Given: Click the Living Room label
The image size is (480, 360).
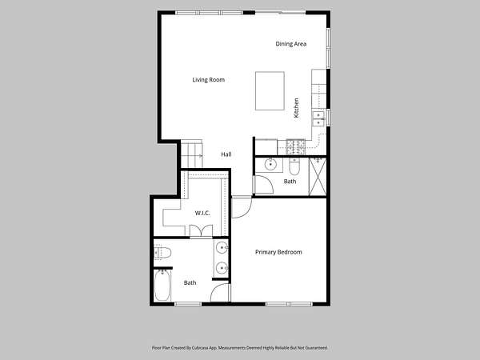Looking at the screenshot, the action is pyautogui.click(x=209, y=80).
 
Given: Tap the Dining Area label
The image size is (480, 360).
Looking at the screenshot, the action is pyautogui.click(x=291, y=44).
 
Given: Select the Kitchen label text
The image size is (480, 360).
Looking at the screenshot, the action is pyautogui.click(x=296, y=108).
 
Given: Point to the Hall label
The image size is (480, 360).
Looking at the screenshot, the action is pyautogui.click(x=226, y=154).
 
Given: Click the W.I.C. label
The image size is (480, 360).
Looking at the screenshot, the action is pyautogui.click(x=202, y=213).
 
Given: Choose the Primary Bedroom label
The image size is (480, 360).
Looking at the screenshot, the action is pyautogui.click(x=278, y=252).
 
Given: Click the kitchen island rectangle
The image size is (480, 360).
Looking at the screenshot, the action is pyautogui.click(x=270, y=91).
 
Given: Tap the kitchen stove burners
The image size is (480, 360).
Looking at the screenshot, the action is pyautogui.click(x=295, y=147).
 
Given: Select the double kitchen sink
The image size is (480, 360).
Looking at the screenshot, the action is pyautogui.click(x=318, y=118).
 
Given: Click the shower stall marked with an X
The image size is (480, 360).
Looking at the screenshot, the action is pyautogui.click(x=318, y=177).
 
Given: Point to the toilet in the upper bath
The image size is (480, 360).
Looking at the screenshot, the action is pyautogui.click(x=294, y=167).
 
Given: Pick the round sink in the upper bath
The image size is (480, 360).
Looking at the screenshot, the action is pyautogui.click(x=270, y=164).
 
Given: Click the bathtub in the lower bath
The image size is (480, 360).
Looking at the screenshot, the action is pyautogui.click(x=162, y=286).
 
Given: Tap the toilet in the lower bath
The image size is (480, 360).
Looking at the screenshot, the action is pyautogui.click(x=162, y=253).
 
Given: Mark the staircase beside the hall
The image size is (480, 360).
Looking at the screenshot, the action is pyautogui.click(x=192, y=154).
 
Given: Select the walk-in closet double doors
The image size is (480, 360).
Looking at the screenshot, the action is pyautogui.click(x=201, y=231).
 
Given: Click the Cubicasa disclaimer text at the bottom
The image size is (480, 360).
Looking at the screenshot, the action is pyautogui.click(x=240, y=348).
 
